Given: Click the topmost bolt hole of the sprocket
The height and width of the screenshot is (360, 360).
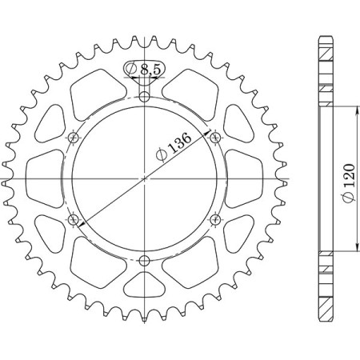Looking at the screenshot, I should coord(145,98).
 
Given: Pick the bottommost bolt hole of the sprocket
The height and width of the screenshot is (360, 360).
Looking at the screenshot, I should coord(145,261).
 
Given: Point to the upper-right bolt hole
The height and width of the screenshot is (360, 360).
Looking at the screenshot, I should coord(215,138).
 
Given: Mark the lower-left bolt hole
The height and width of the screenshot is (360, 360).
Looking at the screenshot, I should coord(74,220).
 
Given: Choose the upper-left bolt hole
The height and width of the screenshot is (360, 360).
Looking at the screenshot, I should coord(74,138).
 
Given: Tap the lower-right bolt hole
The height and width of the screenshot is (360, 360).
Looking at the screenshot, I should coord(215,220).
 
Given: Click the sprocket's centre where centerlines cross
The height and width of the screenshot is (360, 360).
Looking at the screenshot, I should coord(145,179).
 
